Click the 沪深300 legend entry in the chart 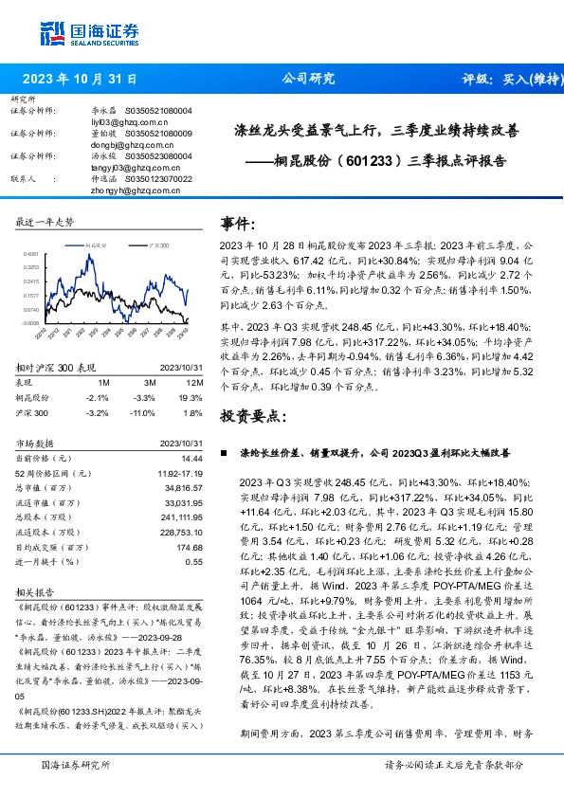click(x=157, y=245)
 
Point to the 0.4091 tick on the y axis click(x=30, y=254)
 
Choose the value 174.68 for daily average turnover click(x=191, y=547)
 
